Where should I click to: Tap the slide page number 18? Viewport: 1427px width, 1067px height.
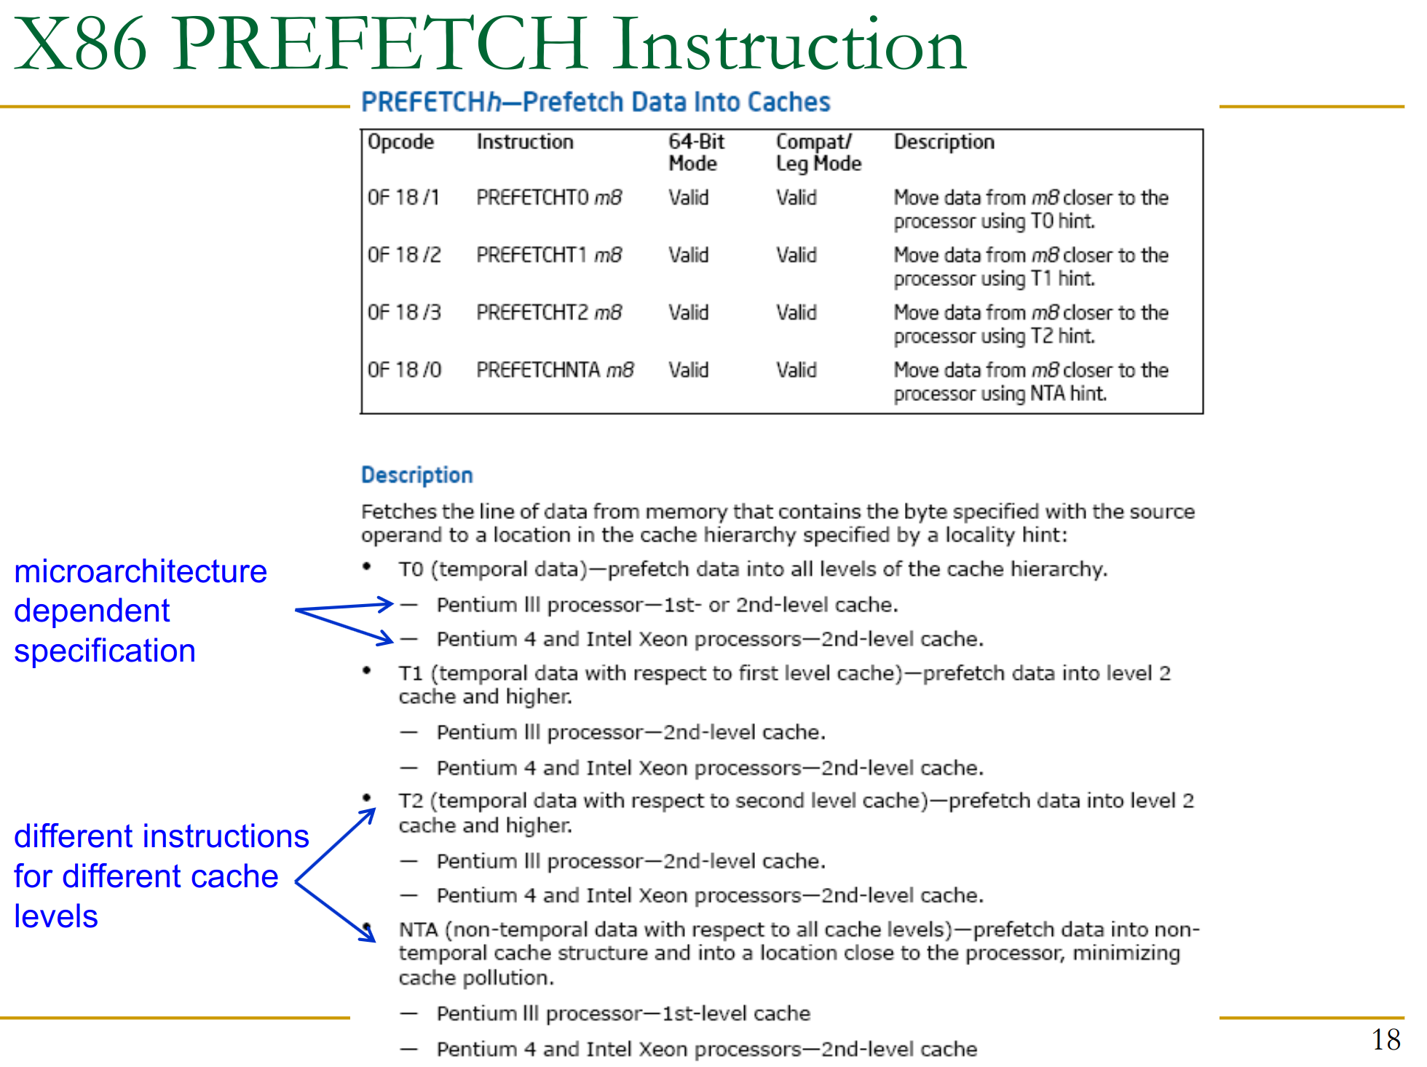[1386, 1039]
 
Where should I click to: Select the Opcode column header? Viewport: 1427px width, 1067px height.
[400, 142]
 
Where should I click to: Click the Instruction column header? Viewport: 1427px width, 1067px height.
[525, 141]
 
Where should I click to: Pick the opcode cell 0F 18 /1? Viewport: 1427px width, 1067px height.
[403, 197]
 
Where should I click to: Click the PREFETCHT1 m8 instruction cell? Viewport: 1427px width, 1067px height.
[549, 255]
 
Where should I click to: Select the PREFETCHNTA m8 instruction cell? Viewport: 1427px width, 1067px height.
[555, 370]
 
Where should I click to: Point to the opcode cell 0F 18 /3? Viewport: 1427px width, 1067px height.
[404, 312]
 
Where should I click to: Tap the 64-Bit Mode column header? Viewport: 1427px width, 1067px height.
[697, 152]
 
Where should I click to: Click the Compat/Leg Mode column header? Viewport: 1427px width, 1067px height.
[819, 153]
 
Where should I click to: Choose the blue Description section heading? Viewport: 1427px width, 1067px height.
[417, 475]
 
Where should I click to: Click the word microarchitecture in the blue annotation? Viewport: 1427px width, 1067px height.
[141, 571]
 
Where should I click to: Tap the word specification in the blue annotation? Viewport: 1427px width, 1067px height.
[105, 651]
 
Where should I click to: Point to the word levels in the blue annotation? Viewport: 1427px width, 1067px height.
[56, 916]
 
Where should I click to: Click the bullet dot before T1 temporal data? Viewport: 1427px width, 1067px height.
[368, 670]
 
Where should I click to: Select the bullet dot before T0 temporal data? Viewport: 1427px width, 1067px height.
[368, 566]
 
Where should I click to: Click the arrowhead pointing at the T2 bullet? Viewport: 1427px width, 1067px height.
[368, 815]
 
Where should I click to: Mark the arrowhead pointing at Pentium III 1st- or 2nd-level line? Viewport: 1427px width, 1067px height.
[385, 603]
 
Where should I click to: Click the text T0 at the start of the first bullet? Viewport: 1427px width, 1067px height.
[411, 569]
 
